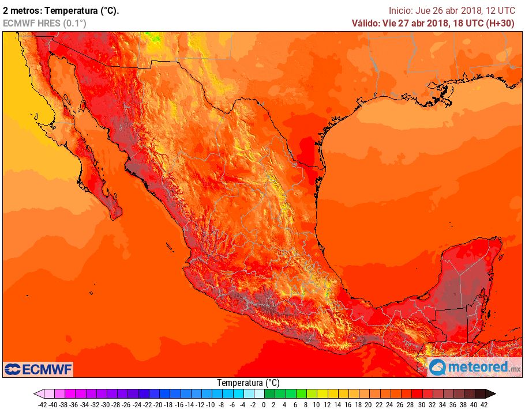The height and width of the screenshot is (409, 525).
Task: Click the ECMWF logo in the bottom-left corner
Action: [38, 369]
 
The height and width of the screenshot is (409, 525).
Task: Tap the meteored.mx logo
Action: [475, 367]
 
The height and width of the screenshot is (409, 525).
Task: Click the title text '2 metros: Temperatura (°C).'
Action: [61, 10]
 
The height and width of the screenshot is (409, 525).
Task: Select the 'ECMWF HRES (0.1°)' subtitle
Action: [45, 23]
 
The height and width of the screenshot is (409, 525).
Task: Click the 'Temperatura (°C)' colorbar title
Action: [248, 383]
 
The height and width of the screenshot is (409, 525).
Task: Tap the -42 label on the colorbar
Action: [42, 404]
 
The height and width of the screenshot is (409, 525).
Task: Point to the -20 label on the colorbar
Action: [157, 404]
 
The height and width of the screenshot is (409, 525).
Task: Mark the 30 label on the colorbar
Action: [421, 404]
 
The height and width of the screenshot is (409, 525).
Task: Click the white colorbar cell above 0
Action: [260, 394]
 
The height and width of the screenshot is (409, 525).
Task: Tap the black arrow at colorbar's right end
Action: [490, 394]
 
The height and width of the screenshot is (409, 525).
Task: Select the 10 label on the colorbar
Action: [316, 404]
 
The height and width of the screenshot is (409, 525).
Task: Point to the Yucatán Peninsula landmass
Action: [467, 277]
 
